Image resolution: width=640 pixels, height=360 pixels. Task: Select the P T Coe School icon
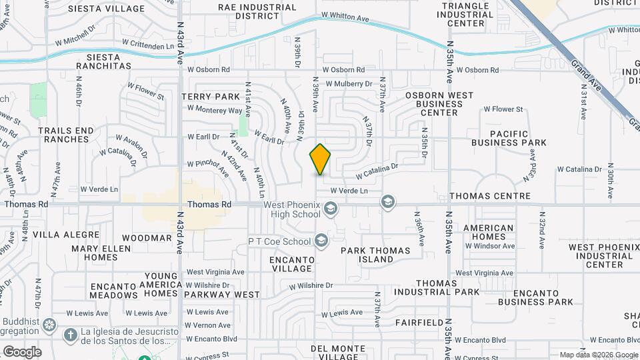[x=321, y=241]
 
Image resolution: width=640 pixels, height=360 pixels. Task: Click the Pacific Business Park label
[x=509, y=138]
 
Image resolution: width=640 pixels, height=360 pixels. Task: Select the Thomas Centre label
[x=490, y=196]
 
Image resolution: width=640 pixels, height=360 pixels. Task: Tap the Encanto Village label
[x=291, y=263]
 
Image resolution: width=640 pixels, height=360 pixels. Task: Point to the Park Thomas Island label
[x=377, y=255]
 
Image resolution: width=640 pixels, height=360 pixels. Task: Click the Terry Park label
[x=211, y=97]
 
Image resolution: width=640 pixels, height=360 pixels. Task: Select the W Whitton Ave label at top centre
[x=345, y=15]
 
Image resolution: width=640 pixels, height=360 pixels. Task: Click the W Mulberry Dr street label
[x=350, y=84]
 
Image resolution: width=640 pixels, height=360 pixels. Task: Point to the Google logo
[x=22, y=352]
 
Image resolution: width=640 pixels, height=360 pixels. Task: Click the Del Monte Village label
[x=339, y=353]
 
